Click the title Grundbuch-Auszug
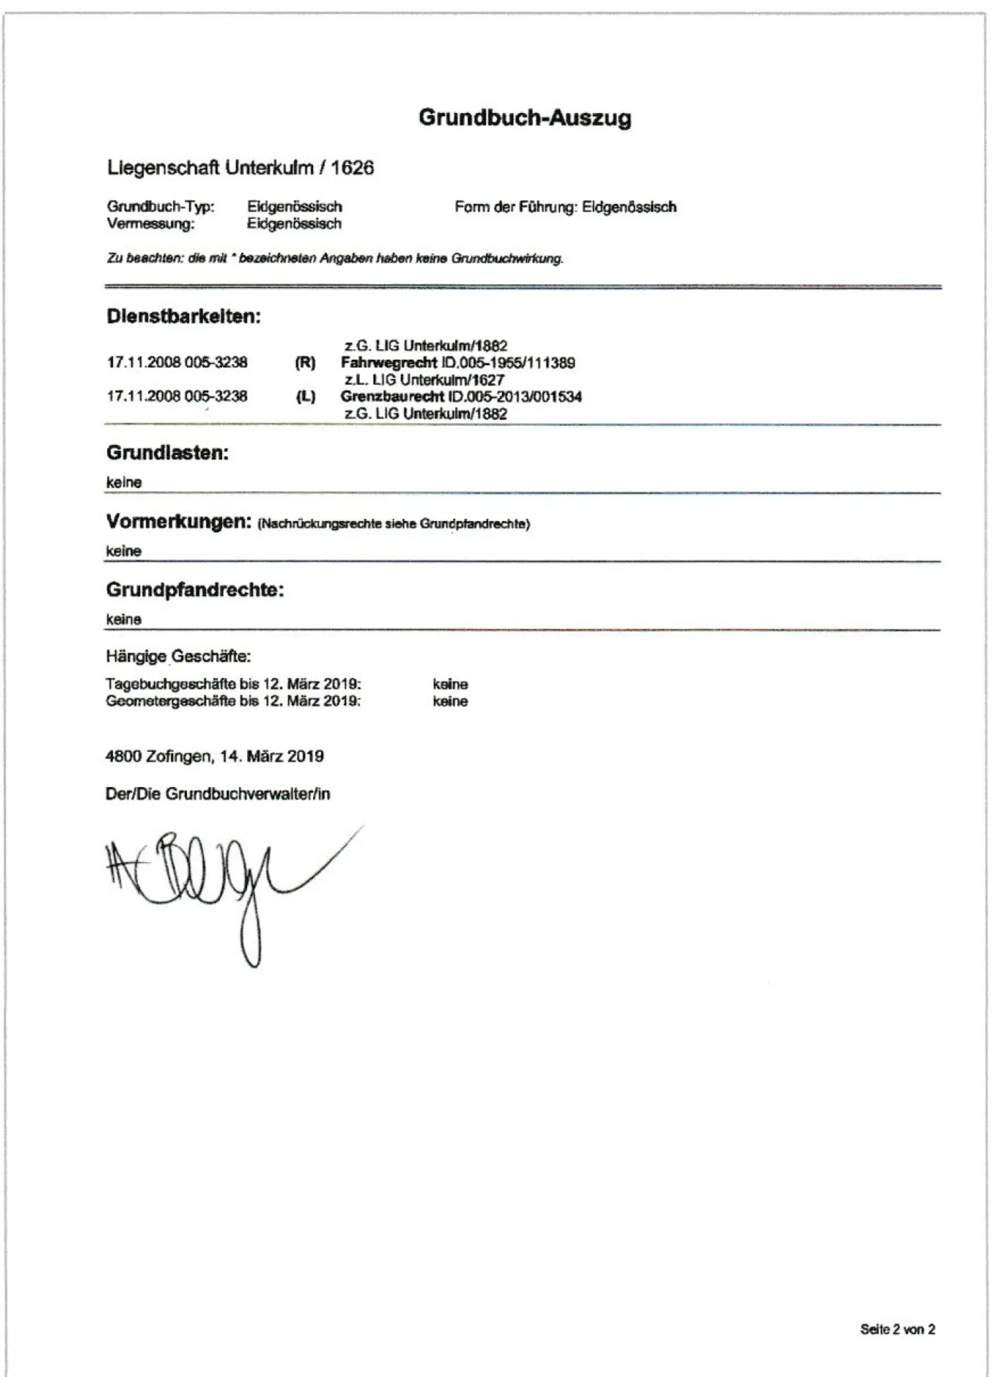(525, 118)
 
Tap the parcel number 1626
(352, 167)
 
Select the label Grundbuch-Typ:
(161, 207)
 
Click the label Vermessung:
(150, 224)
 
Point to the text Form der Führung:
(515, 207)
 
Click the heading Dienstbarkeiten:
(183, 317)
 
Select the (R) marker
(305, 363)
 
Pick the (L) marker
(305, 397)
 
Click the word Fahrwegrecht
(389, 363)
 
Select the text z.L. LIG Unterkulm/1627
(424, 380)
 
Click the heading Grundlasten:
(168, 453)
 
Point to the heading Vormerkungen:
(179, 522)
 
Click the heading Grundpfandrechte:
(195, 590)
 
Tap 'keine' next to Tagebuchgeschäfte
(450, 684)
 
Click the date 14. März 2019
(272, 757)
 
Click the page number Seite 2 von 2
(897, 1329)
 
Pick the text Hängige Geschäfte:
(178, 656)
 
